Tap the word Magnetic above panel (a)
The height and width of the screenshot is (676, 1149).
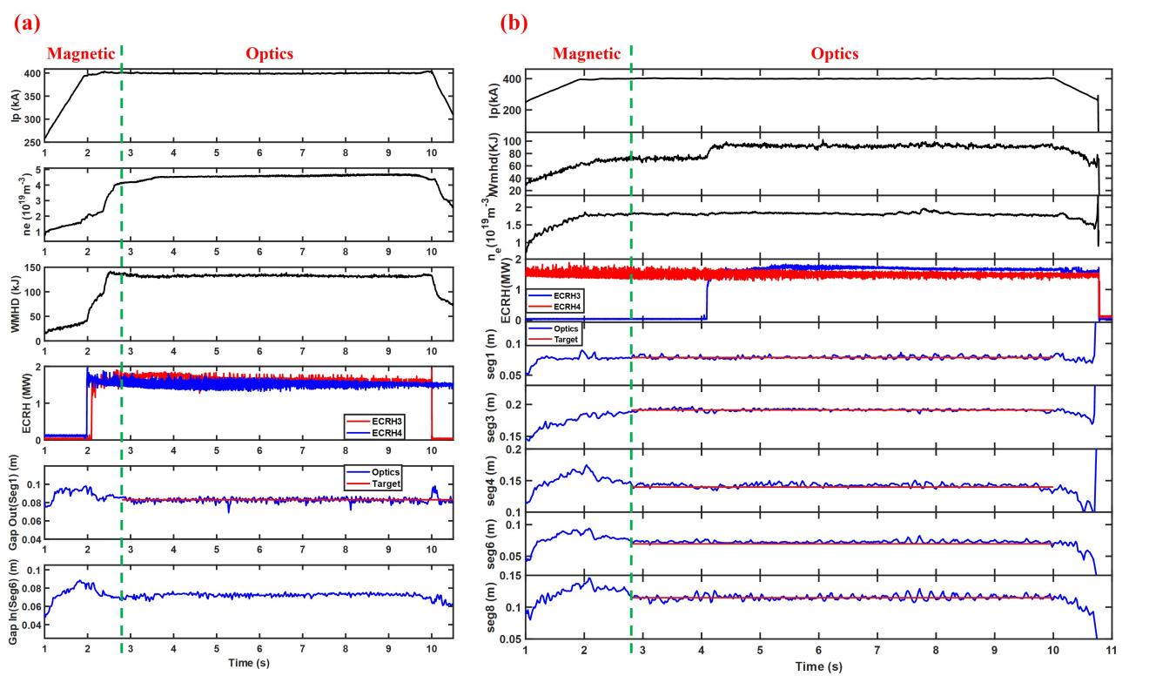78,54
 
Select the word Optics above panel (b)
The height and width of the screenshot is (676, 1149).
834,54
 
